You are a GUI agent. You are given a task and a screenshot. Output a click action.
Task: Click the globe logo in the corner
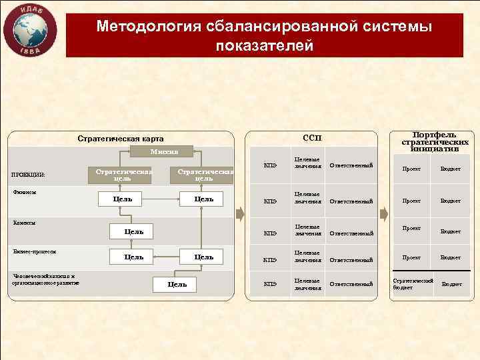29,30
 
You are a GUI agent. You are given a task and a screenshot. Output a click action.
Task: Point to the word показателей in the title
264,45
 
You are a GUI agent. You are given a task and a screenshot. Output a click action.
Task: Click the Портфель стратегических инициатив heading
435,141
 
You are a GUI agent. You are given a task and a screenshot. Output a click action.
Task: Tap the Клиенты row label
25,223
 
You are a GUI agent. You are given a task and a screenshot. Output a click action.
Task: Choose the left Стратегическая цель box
123,175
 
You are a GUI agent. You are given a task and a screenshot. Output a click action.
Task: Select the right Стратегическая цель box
203,175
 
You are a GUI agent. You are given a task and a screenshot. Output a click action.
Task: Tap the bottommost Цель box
176,285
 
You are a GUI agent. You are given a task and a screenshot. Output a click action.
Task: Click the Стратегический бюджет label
412,283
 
